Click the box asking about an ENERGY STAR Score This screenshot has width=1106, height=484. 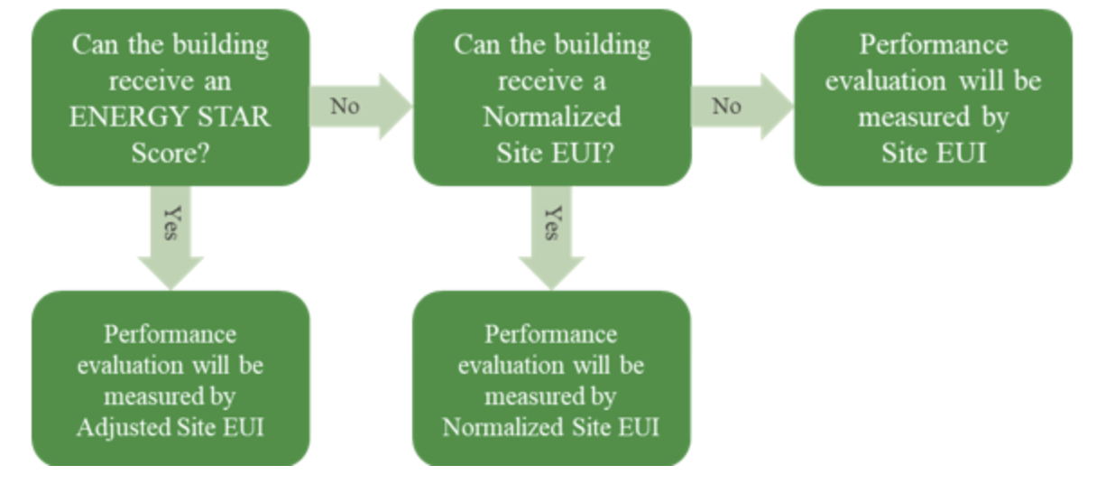click(x=171, y=98)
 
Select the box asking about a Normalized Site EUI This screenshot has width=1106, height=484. click(x=552, y=98)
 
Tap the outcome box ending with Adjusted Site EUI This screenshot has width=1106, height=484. click(x=171, y=379)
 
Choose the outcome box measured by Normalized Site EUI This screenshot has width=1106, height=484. click(x=551, y=379)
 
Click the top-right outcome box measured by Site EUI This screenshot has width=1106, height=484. click(x=933, y=98)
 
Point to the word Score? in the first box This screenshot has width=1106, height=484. click(x=171, y=154)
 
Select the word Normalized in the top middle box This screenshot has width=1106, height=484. click(x=552, y=117)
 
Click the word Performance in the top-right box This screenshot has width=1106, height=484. click(x=933, y=44)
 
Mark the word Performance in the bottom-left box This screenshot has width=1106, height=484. click(x=171, y=334)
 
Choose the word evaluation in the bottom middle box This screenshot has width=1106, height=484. click(x=508, y=366)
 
